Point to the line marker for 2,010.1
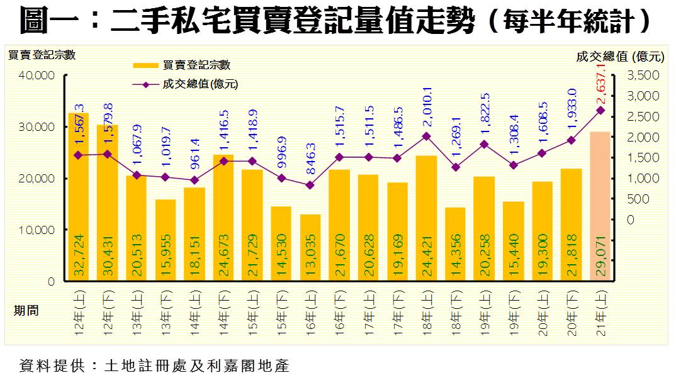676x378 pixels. point(426,136)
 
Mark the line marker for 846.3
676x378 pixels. point(310,185)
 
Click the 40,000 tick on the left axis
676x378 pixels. point(38,75)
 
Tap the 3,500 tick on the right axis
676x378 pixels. point(643,75)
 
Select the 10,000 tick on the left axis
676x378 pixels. point(38,230)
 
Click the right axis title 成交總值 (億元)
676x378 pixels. point(620,57)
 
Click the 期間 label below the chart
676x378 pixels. point(26,310)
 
